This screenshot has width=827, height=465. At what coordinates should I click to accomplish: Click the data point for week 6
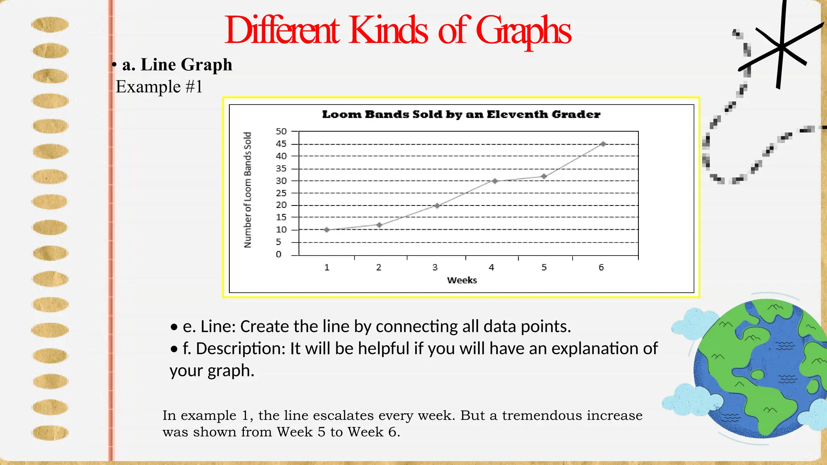pos(603,144)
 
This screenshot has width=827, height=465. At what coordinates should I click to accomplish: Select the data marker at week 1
pos(327,230)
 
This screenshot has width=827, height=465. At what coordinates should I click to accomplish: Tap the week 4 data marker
pos(495,181)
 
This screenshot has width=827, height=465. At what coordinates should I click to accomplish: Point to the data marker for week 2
pos(379,225)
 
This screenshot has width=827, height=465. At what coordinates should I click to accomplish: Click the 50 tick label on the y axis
pos(281,131)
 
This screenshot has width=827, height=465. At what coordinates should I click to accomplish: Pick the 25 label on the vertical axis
pos(281,193)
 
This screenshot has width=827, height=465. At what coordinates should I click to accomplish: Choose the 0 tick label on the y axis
pos(279,254)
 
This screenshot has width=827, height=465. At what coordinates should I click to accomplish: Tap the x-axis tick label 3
pos(435,267)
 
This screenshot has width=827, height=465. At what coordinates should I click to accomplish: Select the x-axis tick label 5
pos(544,267)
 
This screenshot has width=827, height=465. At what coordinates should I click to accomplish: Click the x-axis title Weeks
pos(462,280)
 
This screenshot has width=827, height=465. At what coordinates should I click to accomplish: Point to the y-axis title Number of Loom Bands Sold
pos(248,190)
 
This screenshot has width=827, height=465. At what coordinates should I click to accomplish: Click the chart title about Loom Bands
pos(461,115)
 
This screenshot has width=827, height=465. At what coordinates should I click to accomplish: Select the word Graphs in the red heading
pos(523,31)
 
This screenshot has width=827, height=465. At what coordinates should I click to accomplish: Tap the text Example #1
pos(159,87)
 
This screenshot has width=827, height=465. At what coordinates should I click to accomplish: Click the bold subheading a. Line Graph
pos(177,65)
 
